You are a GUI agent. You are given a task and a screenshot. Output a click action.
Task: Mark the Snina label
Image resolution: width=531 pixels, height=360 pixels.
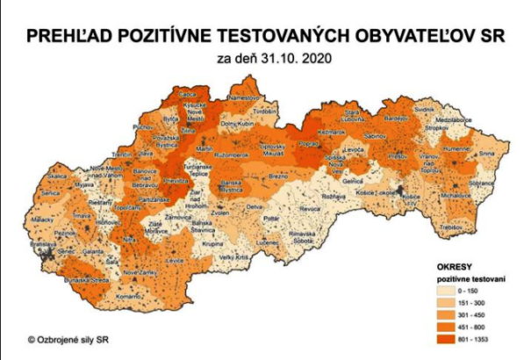pos(487,153)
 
